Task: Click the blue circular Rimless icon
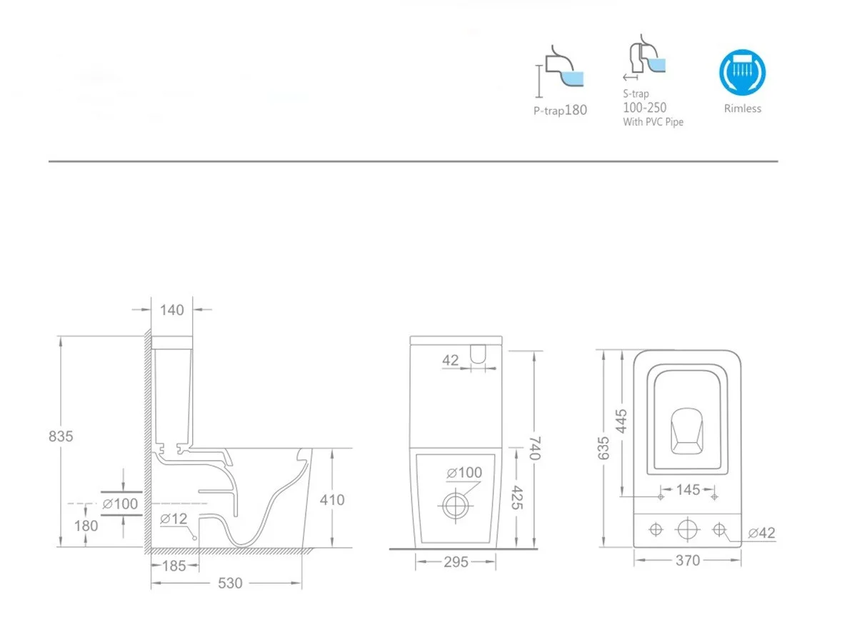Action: (742, 72)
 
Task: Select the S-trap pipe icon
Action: (645, 57)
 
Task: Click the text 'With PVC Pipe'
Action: (653, 122)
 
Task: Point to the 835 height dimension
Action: (61, 436)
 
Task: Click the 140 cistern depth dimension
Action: (172, 310)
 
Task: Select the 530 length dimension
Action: (230, 583)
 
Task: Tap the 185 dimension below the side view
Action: (174, 566)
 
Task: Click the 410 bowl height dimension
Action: (332, 500)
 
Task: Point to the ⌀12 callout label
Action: (174, 519)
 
